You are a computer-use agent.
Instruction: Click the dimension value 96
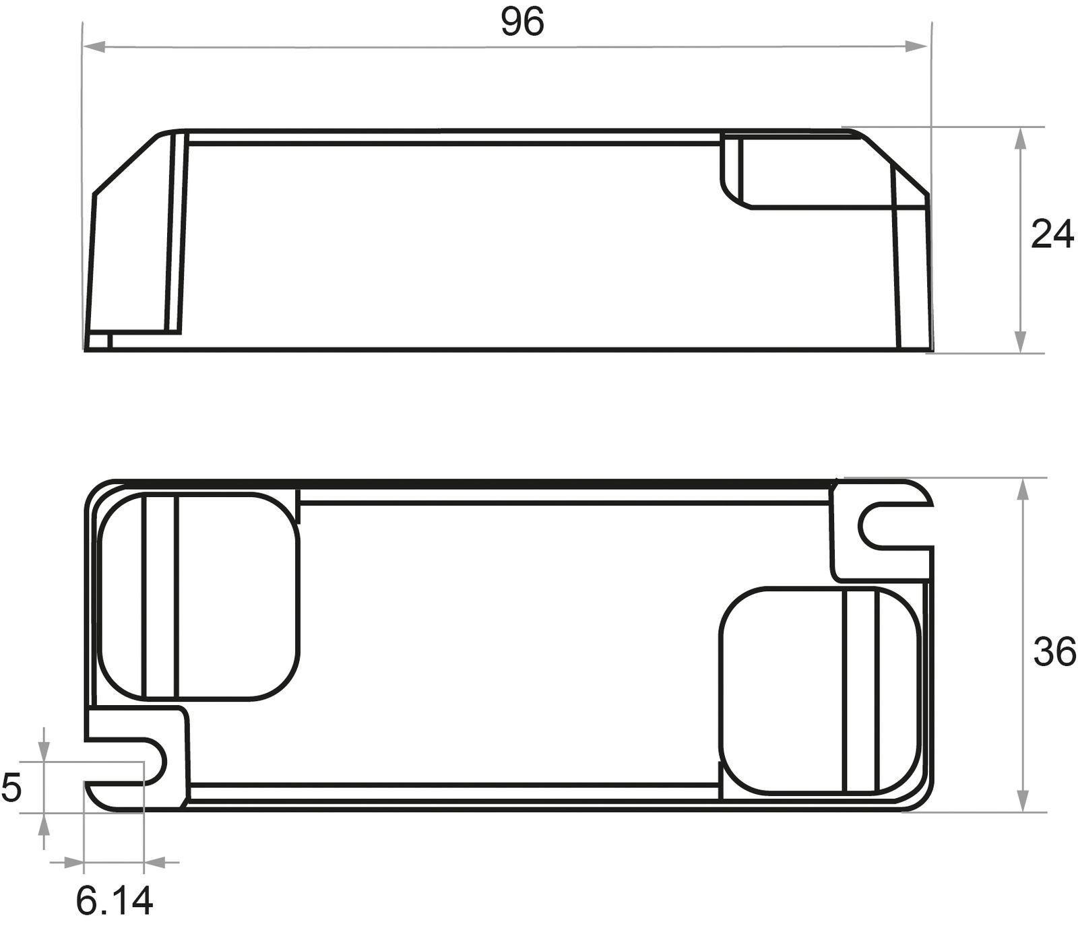522,22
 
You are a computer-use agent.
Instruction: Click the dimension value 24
1052,235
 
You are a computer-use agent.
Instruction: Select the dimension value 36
1054,652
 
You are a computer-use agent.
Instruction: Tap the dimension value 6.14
115,900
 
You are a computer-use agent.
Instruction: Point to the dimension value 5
11,788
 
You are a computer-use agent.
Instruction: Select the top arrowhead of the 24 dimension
1021,138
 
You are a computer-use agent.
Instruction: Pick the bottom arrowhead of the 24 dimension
1021,341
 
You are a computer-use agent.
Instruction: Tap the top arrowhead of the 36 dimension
1023,489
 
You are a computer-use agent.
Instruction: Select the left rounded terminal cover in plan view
199,596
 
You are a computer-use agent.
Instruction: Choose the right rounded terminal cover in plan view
819,690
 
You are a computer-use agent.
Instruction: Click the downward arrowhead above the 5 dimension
44,751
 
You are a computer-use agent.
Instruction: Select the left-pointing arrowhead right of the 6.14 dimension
156,861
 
